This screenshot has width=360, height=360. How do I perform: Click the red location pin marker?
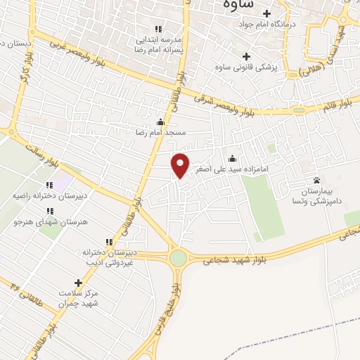(181, 165)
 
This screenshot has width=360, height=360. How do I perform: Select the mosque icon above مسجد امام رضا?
(161, 121)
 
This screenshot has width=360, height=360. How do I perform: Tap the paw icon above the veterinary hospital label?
(316, 180)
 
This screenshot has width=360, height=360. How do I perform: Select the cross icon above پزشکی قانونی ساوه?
(245, 56)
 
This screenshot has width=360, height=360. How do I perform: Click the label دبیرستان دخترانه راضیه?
(46, 196)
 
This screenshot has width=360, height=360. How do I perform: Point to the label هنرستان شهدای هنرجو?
(47, 221)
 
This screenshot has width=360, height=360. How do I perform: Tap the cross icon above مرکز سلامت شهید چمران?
(77, 282)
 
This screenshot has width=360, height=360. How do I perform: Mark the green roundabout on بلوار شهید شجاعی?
(179, 258)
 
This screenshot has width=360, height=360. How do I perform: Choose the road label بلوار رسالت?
(39, 155)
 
